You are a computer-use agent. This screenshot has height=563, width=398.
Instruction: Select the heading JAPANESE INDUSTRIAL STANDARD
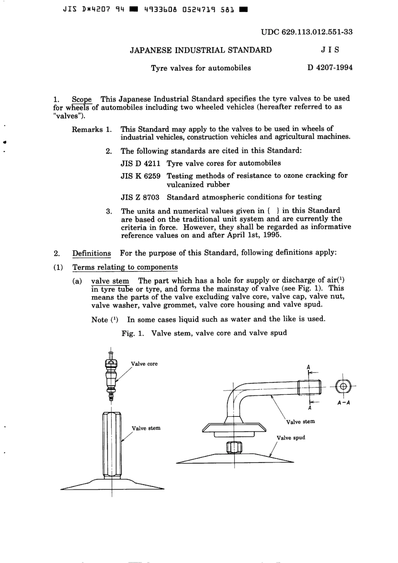point(201,50)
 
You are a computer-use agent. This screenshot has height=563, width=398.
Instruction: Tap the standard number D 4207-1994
point(330,67)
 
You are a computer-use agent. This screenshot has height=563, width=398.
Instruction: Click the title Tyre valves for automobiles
point(201,68)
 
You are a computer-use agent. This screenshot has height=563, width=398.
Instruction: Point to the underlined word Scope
point(82,99)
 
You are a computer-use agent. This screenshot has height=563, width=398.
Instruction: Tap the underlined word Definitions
point(91,253)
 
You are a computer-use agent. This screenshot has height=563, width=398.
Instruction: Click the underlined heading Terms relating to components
point(125,267)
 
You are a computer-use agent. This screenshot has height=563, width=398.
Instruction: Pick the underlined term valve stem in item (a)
point(110,281)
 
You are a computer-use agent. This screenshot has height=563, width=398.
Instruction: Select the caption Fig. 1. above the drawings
point(133,333)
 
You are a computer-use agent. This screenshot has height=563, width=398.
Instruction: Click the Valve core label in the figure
point(144,364)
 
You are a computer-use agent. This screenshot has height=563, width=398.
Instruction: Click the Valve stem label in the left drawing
point(146,428)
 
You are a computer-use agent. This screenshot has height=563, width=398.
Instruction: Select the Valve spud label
point(291,438)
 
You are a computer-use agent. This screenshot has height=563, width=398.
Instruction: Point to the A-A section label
point(343,403)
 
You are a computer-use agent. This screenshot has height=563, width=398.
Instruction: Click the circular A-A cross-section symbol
point(343,386)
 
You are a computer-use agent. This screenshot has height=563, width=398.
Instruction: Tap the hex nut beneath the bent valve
point(234,447)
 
